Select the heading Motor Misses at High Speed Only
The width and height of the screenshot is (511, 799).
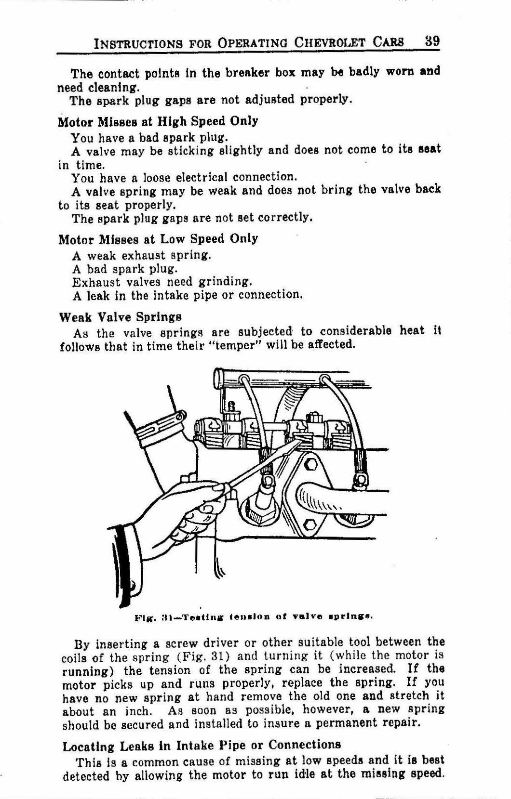point(158,121)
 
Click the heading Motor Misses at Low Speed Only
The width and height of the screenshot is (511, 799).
point(158,239)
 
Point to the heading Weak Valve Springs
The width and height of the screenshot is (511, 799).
point(120,317)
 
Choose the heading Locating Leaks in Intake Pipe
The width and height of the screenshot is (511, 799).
point(202,745)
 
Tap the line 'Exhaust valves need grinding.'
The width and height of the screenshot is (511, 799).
point(162,281)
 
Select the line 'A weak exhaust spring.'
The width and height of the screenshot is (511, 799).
point(142,255)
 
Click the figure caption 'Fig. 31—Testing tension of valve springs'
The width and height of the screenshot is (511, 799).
point(254,616)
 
